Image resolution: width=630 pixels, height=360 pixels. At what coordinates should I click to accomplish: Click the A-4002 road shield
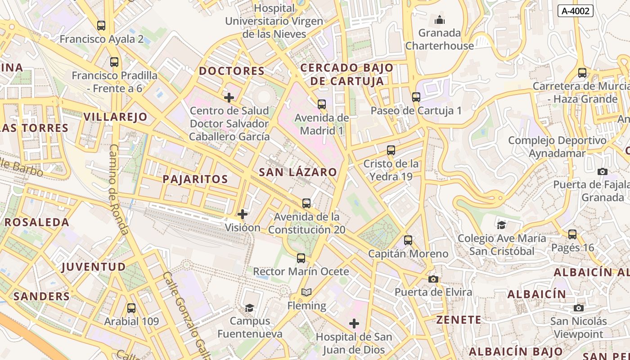pos(575,11)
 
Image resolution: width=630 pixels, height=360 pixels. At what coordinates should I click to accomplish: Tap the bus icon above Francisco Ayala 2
pos(101,26)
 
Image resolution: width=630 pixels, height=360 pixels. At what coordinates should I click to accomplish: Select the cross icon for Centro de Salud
pos(229,97)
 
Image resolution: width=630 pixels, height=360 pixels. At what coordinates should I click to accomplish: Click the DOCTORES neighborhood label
pos(232,71)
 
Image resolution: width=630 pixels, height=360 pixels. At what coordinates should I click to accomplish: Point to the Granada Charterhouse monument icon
pos(440,20)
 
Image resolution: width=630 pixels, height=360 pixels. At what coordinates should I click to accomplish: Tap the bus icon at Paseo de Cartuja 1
pos(416,97)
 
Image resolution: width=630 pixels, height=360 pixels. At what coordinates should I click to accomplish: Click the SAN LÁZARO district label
pos(298,172)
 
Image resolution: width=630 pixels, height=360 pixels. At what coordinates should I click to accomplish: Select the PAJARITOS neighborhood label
pos(195,179)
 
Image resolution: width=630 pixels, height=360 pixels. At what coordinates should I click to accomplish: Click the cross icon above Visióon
pos(243,214)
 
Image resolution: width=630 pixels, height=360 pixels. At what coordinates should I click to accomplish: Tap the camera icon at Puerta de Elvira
pos(433,279)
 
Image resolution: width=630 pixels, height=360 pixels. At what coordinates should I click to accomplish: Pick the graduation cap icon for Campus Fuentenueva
pos(249,308)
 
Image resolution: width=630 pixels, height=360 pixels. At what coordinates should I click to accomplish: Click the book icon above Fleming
pos(306,292)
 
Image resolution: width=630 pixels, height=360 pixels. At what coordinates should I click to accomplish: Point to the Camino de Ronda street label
pos(118,189)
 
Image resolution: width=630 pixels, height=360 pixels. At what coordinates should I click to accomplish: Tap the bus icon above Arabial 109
pos(131,308)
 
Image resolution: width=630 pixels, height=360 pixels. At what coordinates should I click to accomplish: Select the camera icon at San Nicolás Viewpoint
pos(579,308)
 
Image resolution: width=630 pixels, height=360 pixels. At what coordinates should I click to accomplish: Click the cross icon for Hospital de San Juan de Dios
pos(354,324)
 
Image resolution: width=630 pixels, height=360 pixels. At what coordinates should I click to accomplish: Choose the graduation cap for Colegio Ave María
pos(501,225)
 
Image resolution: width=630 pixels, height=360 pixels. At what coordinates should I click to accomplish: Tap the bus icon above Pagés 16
pos(572,234)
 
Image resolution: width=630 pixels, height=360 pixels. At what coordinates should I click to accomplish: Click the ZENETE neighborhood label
pos(459,320)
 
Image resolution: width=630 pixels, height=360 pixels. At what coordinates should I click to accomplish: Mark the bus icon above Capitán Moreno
pos(408,240)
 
